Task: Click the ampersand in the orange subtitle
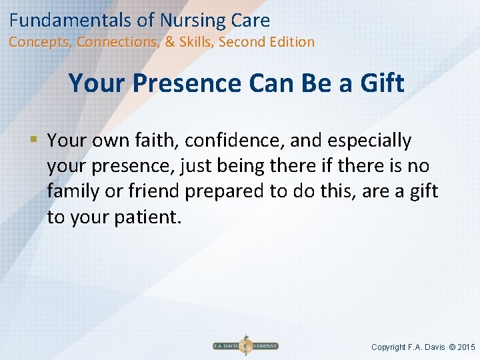click(170, 42)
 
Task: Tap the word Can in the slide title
click(271, 83)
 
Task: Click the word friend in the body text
click(152, 191)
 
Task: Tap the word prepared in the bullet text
click(225, 191)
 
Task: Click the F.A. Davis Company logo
click(245, 346)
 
